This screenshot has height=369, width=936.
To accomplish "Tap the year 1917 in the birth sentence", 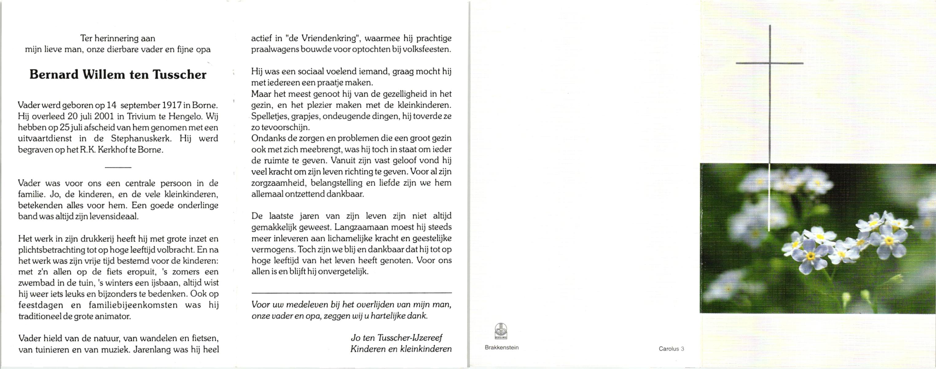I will (x=172, y=105).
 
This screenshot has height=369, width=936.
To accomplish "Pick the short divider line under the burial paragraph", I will (x=118, y=167).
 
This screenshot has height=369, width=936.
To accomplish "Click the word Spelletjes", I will (x=268, y=116).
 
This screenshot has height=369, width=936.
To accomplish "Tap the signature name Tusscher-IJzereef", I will (x=409, y=338).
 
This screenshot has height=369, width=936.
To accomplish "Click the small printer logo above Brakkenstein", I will (x=501, y=331).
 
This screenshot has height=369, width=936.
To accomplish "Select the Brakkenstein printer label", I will (x=501, y=347).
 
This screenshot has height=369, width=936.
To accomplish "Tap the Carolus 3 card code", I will (x=671, y=349).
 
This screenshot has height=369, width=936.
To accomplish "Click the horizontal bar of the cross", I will (x=769, y=63).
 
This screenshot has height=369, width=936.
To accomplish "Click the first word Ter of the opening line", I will (x=86, y=38).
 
